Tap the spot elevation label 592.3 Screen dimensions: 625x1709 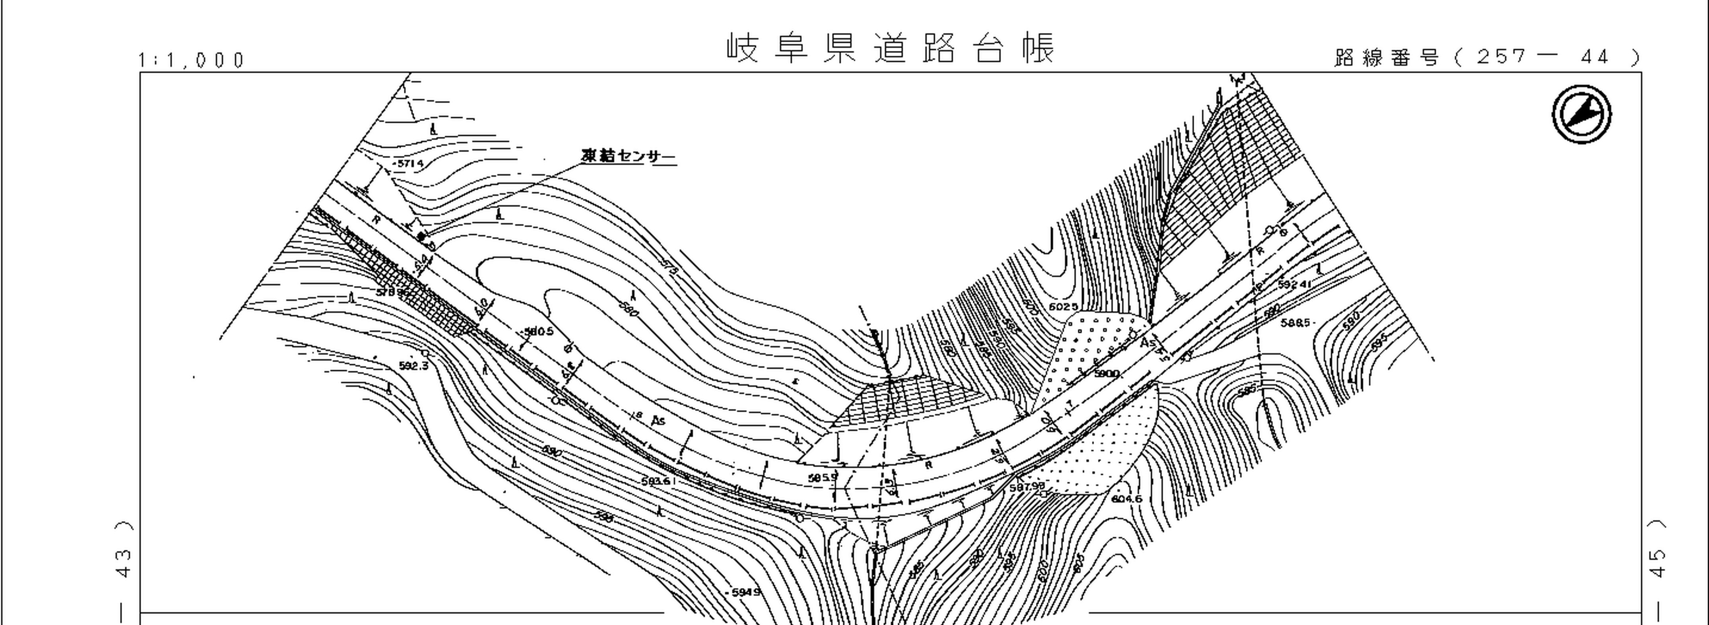pyautogui.click(x=414, y=366)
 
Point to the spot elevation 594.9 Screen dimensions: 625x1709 pyautogui.click(x=746, y=592)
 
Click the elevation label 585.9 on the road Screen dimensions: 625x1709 pyautogui.click(x=822, y=477)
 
